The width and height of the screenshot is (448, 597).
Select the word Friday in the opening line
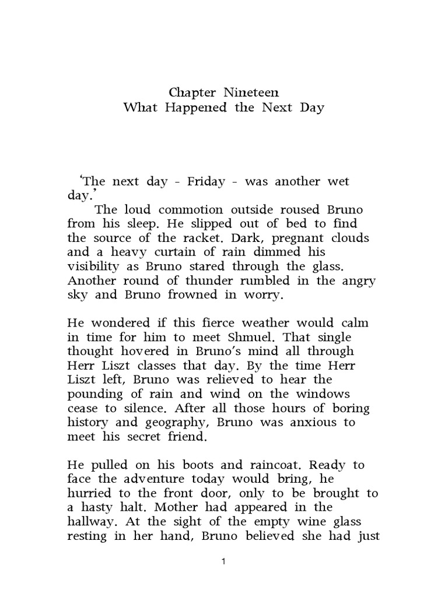click(x=206, y=181)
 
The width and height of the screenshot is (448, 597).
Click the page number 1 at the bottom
click(x=224, y=561)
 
